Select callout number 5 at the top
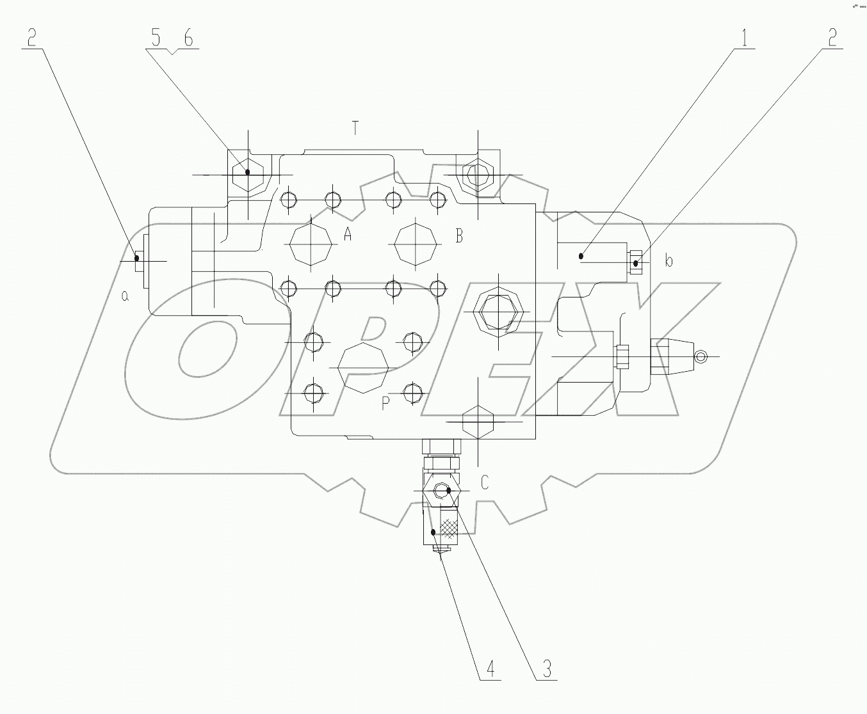click(x=156, y=38)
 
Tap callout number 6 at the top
click(x=188, y=38)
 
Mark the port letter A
click(x=348, y=235)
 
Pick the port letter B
click(x=458, y=236)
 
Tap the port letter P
click(x=385, y=403)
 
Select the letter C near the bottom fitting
click(x=485, y=482)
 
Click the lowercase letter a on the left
click(x=126, y=296)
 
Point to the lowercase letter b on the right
click(x=668, y=261)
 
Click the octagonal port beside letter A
click(x=311, y=244)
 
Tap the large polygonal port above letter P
click(x=363, y=368)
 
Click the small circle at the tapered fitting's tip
click(x=701, y=356)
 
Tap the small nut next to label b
click(x=636, y=262)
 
